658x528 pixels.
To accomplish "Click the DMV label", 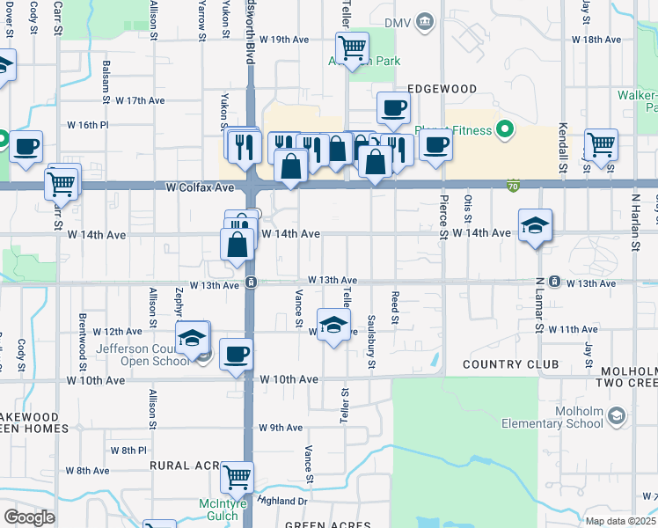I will (398, 20).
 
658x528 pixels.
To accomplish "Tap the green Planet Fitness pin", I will (504, 131).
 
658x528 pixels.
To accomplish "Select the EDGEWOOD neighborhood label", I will (442, 89).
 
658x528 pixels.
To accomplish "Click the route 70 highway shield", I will (513, 186).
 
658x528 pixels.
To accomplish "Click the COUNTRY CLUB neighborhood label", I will (510, 364).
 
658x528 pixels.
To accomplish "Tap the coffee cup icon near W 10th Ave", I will (236, 354).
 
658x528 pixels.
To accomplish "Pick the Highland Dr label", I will (284, 501).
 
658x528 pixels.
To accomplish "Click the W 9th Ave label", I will (281, 428).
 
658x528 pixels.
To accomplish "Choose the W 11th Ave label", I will (573, 329).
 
